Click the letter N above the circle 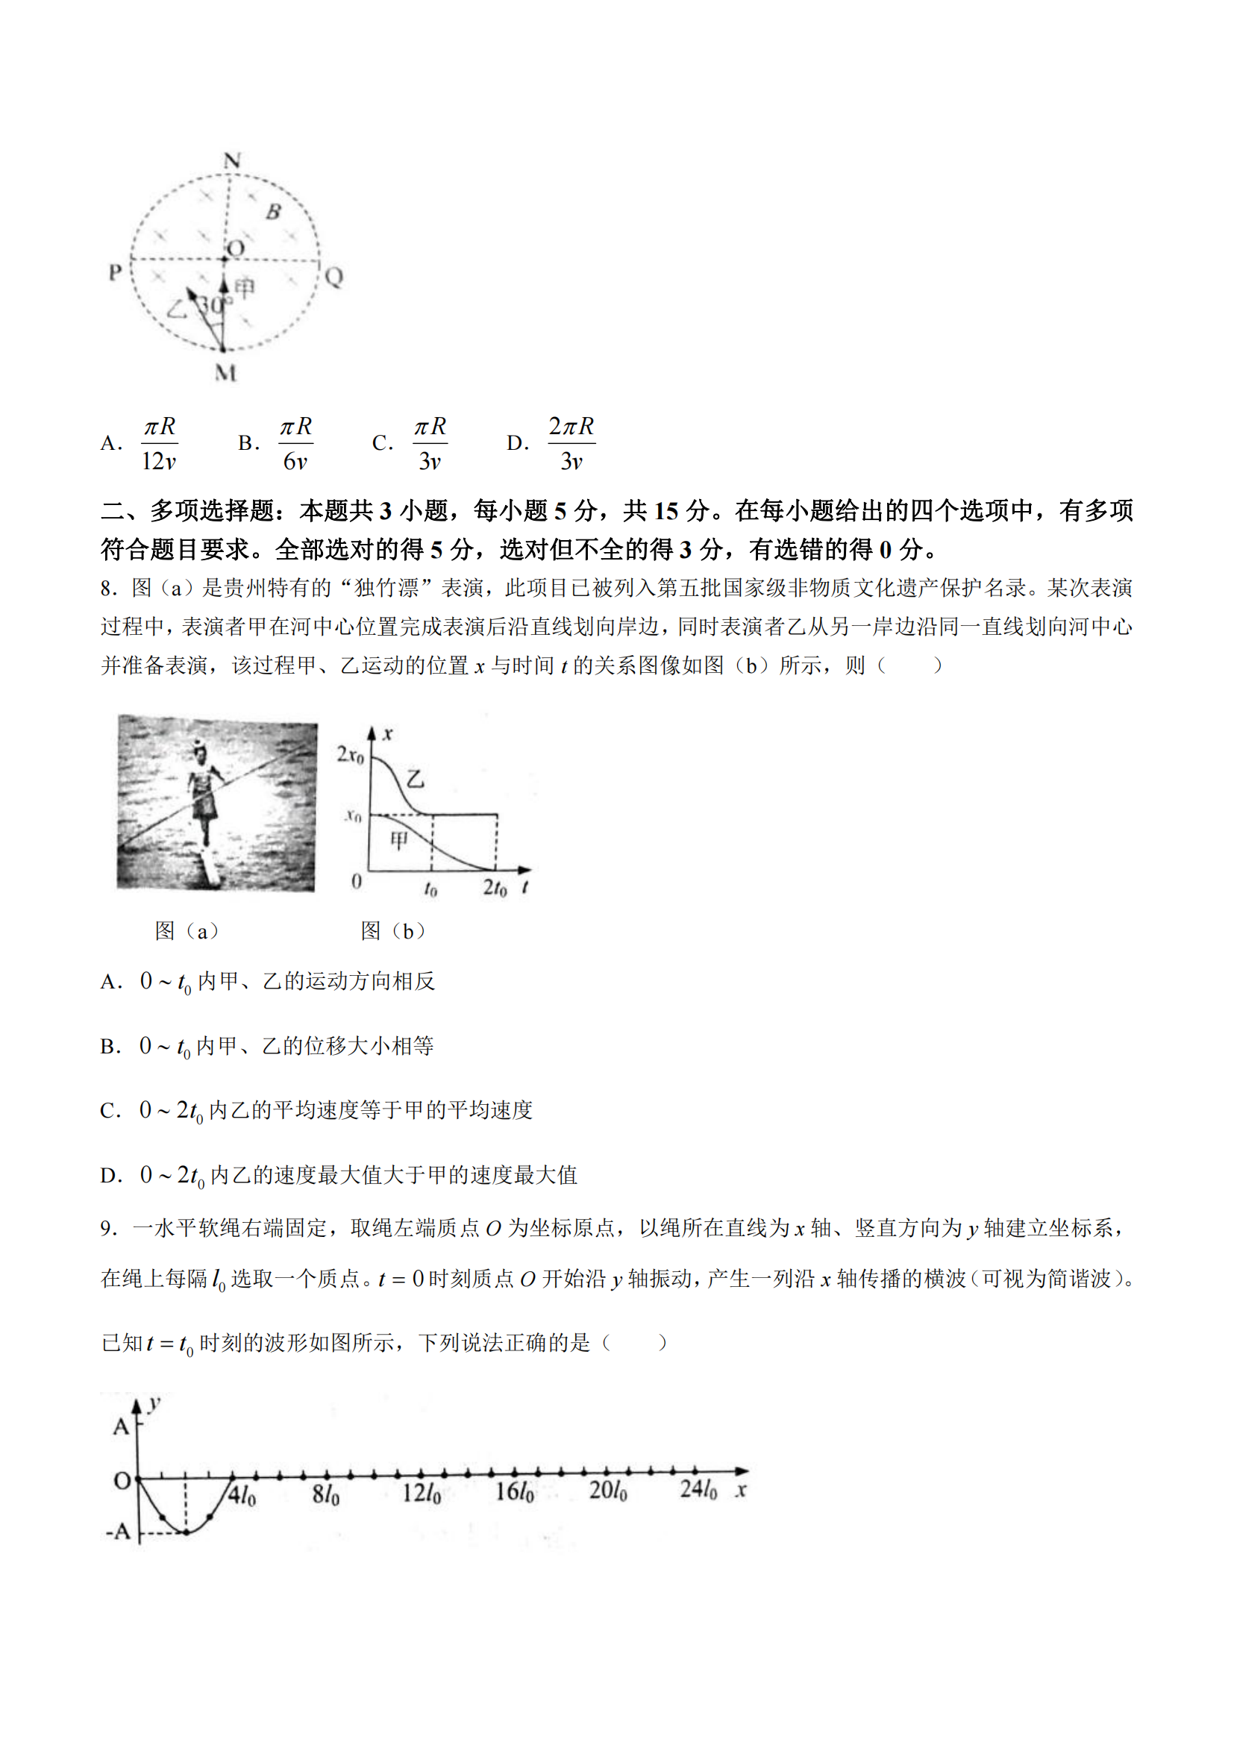(232, 160)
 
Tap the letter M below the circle (225, 372)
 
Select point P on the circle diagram (116, 272)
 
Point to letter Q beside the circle (333, 276)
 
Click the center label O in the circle (237, 248)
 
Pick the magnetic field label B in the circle (273, 212)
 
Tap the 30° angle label (212, 305)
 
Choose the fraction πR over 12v (160, 444)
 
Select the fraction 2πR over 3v (571, 444)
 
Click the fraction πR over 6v (295, 444)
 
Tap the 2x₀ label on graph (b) (351, 755)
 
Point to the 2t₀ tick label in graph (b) (495, 887)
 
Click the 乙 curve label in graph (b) (415, 778)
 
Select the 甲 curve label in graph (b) (398, 840)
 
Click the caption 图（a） (187, 931)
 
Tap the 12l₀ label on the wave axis (421, 1491)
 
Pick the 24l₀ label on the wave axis (698, 1488)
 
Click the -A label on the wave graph (119, 1532)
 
